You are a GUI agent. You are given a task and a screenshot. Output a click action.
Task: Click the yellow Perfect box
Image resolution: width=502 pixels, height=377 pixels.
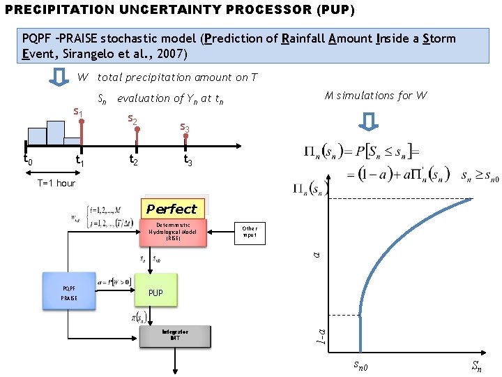tap(172, 207)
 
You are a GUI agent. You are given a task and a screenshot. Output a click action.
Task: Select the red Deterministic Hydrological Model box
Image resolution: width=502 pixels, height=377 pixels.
tap(174, 231)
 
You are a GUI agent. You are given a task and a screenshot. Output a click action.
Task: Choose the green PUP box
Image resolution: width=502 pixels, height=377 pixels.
tap(155, 293)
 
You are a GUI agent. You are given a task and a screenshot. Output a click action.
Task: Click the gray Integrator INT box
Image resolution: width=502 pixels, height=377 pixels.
tap(174, 335)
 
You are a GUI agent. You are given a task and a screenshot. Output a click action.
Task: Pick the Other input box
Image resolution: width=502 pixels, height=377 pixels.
tap(249, 232)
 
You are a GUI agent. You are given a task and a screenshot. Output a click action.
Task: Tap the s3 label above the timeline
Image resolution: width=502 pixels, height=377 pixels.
tap(185, 128)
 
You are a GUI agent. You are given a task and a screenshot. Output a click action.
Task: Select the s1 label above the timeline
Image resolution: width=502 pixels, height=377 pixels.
tap(79, 112)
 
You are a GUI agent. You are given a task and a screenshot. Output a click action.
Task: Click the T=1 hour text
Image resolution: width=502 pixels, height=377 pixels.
tap(56, 183)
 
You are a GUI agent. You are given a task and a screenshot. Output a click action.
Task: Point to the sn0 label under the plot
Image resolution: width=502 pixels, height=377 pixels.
tap(360, 365)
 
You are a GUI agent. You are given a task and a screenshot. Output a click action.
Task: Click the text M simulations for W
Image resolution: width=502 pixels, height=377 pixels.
tap(376, 96)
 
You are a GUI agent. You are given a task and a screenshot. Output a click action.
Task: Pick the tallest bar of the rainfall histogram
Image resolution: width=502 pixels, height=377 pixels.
tap(55, 133)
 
